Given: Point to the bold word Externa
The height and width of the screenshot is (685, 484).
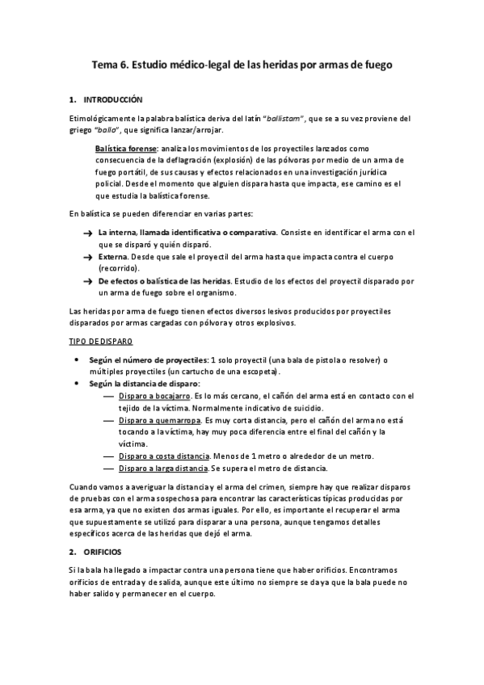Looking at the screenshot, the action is point(113,257).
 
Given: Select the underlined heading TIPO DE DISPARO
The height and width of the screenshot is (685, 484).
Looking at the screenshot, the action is point(101,342).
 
